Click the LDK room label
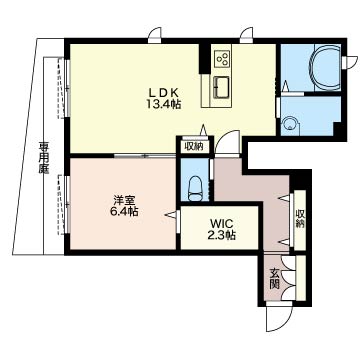(163, 92)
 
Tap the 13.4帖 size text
(163, 104)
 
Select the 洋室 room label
(124, 200)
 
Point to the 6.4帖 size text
(124, 212)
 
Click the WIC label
(219, 223)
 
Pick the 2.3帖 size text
(220, 235)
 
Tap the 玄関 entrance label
(274, 278)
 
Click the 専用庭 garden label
(43, 158)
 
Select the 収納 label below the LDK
(194, 147)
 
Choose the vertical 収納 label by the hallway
(300, 219)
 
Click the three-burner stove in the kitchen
(222, 59)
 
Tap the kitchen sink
(221, 87)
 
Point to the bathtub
(326, 68)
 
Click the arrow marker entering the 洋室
(170, 215)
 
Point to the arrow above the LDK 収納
(203, 130)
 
